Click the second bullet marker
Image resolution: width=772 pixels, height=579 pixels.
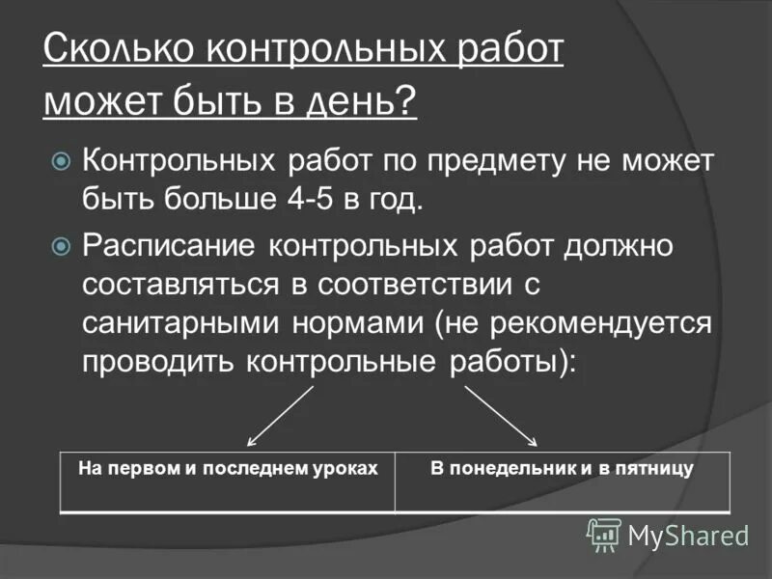[61, 246]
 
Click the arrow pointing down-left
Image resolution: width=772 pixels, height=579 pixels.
[281, 415]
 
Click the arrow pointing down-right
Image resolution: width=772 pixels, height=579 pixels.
[501, 415]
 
